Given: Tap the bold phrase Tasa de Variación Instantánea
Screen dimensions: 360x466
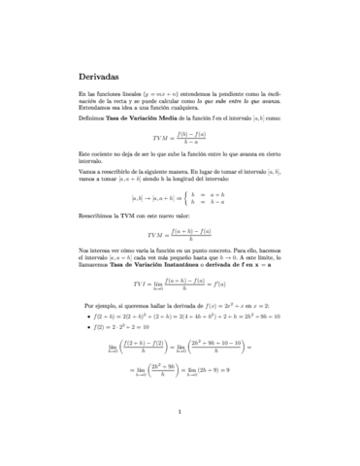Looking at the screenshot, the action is pyautogui.click(x=152, y=262).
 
